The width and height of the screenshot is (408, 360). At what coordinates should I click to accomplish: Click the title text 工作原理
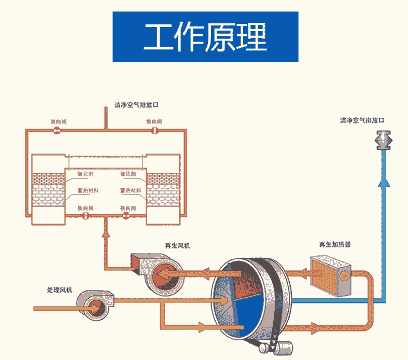tap(205, 37)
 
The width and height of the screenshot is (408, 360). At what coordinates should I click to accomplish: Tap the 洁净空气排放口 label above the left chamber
tap(136, 105)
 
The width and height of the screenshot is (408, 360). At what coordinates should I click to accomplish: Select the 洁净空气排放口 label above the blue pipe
tap(362, 120)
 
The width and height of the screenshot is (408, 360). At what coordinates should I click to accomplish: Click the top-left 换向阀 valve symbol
tap(58, 130)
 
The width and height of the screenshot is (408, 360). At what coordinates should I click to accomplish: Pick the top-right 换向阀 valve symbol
tap(154, 130)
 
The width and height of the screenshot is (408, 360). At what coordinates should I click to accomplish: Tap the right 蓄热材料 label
tap(131, 190)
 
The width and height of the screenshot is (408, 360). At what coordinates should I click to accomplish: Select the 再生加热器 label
tap(334, 244)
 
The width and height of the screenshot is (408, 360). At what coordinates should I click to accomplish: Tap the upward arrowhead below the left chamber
tap(106, 234)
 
